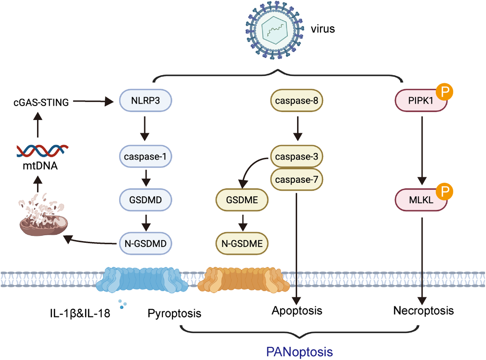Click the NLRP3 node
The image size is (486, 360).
(x=146, y=101)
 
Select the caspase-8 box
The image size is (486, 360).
(x=296, y=101)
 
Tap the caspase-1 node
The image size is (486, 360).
(x=146, y=157)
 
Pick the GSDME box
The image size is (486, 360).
(x=242, y=200)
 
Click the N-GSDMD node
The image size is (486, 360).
(x=146, y=244)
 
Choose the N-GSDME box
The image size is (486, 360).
(x=242, y=244)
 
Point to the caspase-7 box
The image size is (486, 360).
(x=296, y=179)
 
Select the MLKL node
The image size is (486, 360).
(x=421, y=200)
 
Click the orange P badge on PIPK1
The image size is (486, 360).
(x=444, y=92)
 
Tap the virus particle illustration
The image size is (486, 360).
(x=275, y=30)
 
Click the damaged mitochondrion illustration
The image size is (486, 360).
(x=43, y=217)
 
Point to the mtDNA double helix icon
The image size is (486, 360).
(x=42, y=150)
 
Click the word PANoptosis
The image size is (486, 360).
(x=299, y=352)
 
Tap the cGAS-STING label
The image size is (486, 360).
(x=41, y=102)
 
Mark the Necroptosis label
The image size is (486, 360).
(x=423, y=311)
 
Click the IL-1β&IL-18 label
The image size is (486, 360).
(x=80, y=313)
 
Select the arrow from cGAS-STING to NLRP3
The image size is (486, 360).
(x=93, y=102)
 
